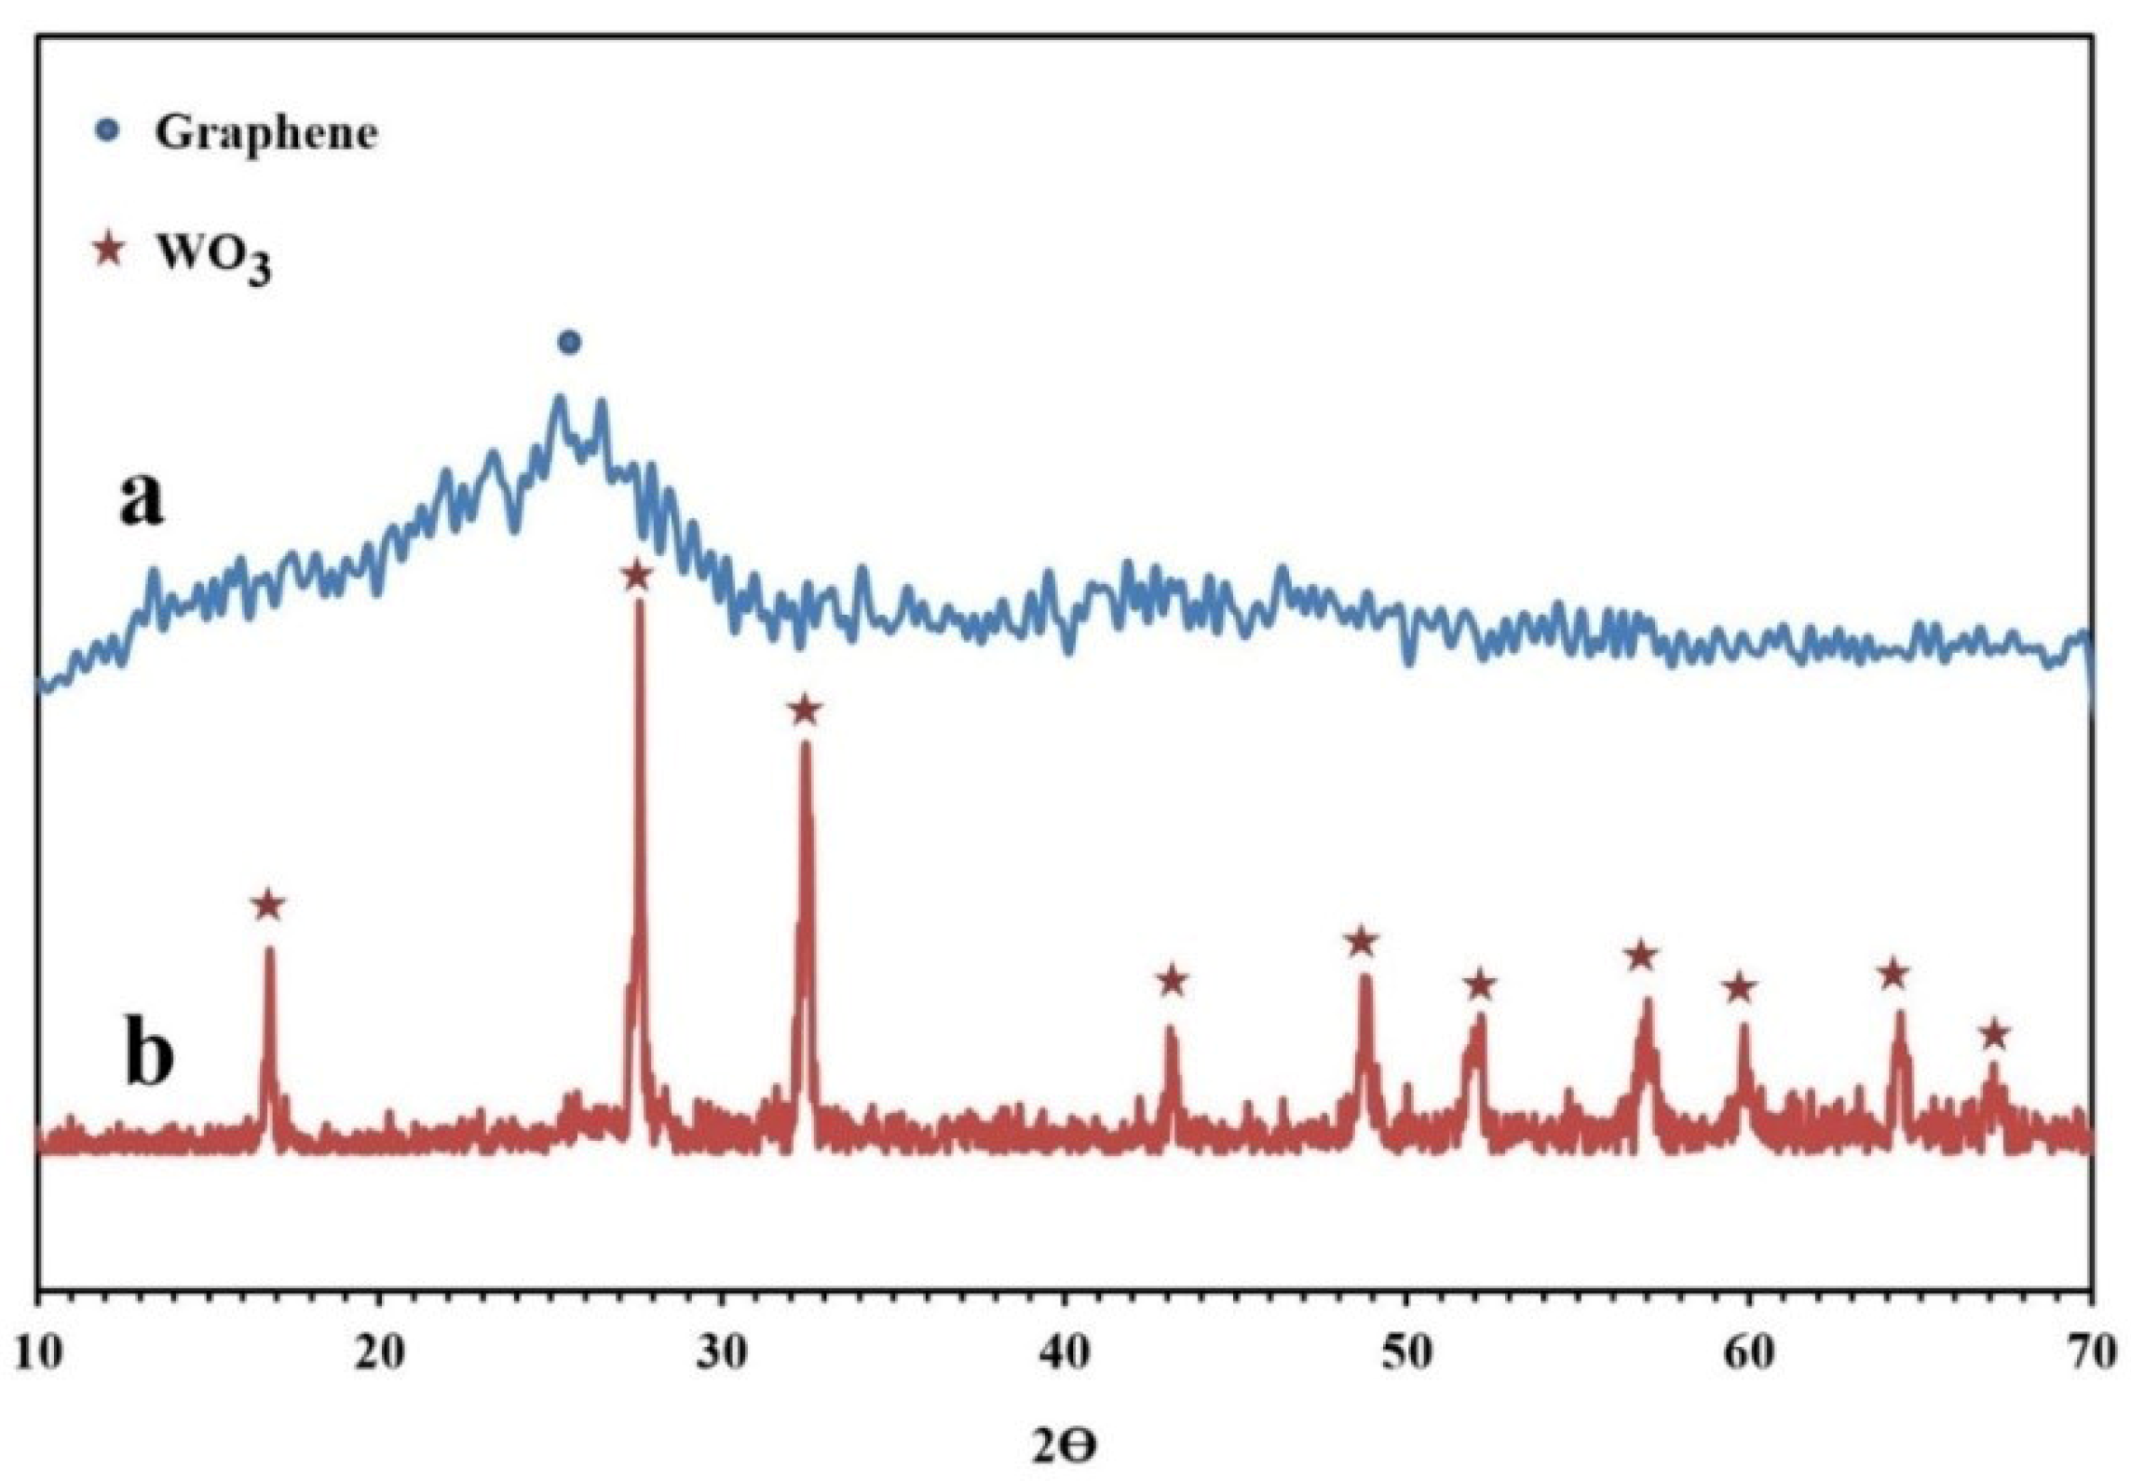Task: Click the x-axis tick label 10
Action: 37,1353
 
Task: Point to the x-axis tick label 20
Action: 380,1353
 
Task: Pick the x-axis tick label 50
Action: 1406,1353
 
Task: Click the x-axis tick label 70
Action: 2090,1353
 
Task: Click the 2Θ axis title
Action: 1065,1447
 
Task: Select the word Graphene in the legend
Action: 266,134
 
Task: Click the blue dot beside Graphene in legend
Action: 110,131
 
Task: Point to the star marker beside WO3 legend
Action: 110,251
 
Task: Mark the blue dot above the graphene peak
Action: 570,343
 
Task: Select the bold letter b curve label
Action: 149,1057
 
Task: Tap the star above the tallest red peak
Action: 636,576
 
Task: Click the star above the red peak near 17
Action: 268,904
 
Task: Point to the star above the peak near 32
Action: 805,711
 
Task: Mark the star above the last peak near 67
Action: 1994,1034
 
